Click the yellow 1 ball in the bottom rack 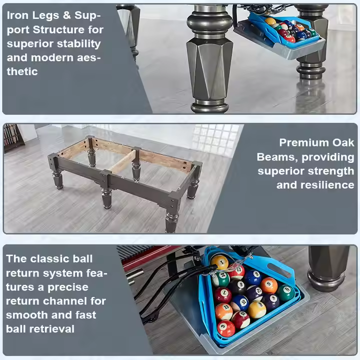click(219, 262)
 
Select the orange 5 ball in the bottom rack click(269, 285)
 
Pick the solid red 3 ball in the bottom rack click(226, 328)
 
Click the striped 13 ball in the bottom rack click(224, 311)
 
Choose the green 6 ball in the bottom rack click(285, 292)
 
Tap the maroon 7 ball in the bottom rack click(223, 295)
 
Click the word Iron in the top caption click(18, 15)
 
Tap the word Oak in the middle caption click(343, 142)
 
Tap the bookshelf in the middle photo click(13, 138)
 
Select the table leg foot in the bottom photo click(326, 280)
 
